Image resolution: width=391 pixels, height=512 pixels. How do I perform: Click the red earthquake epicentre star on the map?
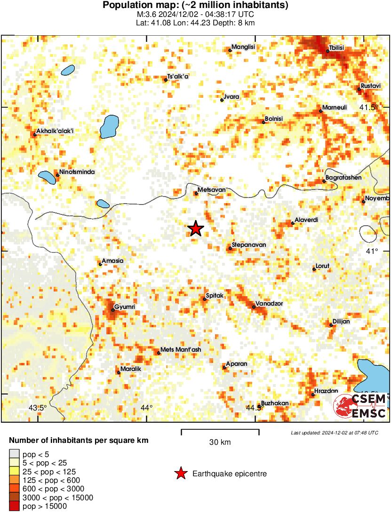coord(195,229)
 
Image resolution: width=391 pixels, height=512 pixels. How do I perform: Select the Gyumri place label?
coord(125,307)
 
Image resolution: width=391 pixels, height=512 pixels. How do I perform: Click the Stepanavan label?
coord(249,245)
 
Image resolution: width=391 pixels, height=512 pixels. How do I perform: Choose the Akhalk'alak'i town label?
coord(55,131)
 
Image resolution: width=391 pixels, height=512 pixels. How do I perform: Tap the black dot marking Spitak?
coord(205,299)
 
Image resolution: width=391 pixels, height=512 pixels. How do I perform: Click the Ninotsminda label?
coord(77,172)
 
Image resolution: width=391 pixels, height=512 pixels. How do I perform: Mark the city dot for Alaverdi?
coord(292,223)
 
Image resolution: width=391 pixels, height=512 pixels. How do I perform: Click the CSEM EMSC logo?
coord(360,407)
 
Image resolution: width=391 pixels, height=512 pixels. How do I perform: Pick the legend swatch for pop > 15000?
coord(14,506)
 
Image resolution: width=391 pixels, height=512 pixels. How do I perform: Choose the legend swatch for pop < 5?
coord(14,454)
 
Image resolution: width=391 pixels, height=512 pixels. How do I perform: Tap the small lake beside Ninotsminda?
coord(46,178)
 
